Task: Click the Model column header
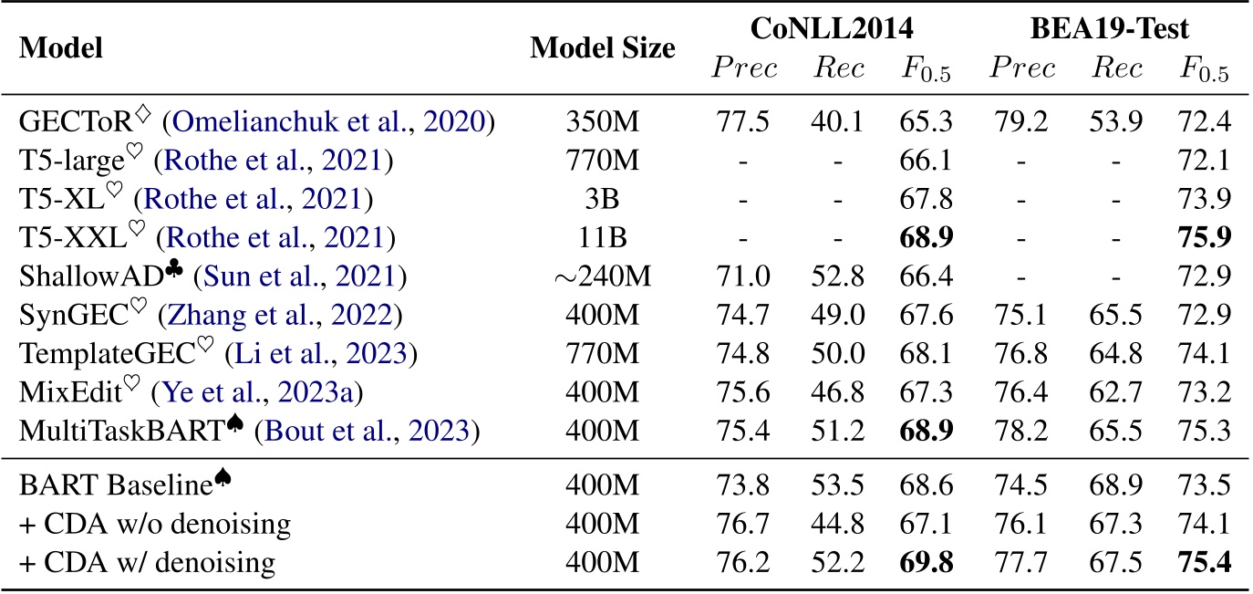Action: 60,48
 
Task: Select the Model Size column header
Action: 603,48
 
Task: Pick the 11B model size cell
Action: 603,240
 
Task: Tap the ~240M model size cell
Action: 603,278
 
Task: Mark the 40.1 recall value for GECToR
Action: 838,122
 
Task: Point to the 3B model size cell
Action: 603,201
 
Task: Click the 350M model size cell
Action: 603,122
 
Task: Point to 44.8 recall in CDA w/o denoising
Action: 838,520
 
